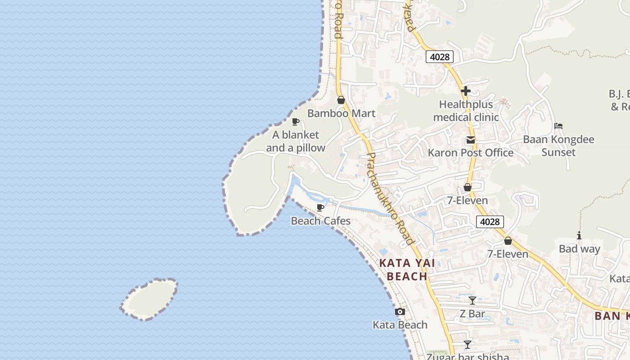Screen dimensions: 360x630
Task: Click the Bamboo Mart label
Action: [341, 113]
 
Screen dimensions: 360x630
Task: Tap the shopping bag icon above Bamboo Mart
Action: [341, 100]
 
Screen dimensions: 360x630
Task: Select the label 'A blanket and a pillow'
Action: [296, 141]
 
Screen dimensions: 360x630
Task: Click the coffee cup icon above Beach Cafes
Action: [320, 207]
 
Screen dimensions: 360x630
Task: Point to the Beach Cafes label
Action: [320, 221]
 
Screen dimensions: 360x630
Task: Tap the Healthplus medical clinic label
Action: [466, 111]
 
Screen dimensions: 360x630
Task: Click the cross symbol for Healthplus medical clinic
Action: [466, 91]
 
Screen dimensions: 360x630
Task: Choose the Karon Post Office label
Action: [470, 153]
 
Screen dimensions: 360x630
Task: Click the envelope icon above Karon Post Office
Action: [471, 140]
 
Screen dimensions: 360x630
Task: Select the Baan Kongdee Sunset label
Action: [558, 146]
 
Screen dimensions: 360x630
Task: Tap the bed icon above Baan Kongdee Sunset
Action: [558, 126]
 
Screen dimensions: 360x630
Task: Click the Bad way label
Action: [579, 249]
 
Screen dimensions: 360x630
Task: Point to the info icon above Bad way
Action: [579, 235]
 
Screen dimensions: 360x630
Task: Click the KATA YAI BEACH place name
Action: [407, 270]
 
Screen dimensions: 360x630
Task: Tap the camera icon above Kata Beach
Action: [400, 312]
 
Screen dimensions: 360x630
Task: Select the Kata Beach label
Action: [400, 325]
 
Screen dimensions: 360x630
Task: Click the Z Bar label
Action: [472, 314]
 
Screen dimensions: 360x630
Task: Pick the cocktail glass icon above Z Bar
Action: [472, 300]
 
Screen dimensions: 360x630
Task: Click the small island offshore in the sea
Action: [150, 299]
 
